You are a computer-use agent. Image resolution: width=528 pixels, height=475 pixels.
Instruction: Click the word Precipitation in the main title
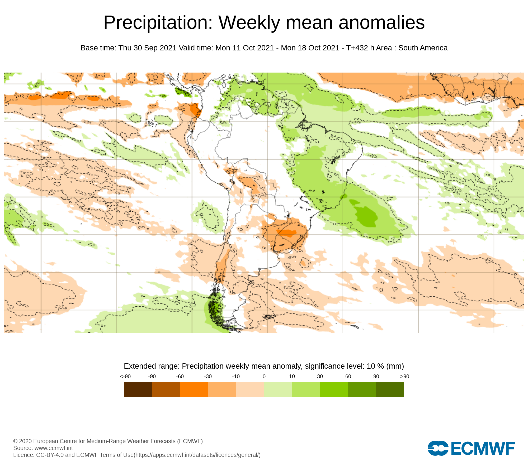point(158,23)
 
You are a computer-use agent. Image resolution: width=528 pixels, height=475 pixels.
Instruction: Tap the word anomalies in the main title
point(381,23)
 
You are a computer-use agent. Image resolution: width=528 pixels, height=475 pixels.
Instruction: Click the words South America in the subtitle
point(423,48)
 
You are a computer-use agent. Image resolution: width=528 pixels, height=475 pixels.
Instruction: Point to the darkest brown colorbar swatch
point(138,389)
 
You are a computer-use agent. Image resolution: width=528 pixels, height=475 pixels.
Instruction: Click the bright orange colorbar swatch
point(194,389)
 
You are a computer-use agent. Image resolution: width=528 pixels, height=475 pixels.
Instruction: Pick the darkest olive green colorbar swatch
point(390,389)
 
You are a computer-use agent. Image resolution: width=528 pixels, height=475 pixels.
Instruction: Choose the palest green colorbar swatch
point(278,389)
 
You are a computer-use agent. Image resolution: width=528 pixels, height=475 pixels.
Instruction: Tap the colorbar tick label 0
point(264,377)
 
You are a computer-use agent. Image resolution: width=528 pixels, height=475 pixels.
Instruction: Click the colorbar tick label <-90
point(125,377)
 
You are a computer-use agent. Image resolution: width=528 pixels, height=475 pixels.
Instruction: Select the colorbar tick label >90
point(404,377)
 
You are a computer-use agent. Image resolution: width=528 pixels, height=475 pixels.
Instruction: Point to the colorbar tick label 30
point(320,377)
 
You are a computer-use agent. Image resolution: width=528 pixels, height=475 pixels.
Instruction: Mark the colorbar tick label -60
point(180,377)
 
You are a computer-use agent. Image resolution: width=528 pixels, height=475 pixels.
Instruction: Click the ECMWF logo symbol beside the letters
point(438,448)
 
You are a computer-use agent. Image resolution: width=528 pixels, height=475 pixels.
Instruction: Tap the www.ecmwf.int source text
point(54,448)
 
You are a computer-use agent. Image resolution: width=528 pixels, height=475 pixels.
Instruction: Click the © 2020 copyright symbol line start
point(15,441)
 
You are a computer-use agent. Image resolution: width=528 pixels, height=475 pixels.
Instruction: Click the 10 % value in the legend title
point(375,366)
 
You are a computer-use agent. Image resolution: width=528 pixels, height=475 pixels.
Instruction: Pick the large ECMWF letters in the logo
point(483,448)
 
